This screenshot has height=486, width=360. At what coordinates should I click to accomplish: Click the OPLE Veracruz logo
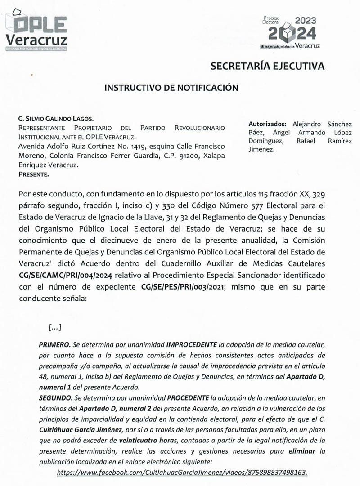click(x=36, y=31)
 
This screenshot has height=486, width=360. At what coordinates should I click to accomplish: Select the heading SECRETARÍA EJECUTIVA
click(x=267, y=66)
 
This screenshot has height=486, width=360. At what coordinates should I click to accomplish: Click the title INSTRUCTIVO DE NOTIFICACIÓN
click(x=171, y=88)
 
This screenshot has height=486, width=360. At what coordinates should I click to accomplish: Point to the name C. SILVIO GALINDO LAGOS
click(x=56, y=119)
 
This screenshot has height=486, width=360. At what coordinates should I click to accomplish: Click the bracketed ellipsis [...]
click(x=54, y=328)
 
